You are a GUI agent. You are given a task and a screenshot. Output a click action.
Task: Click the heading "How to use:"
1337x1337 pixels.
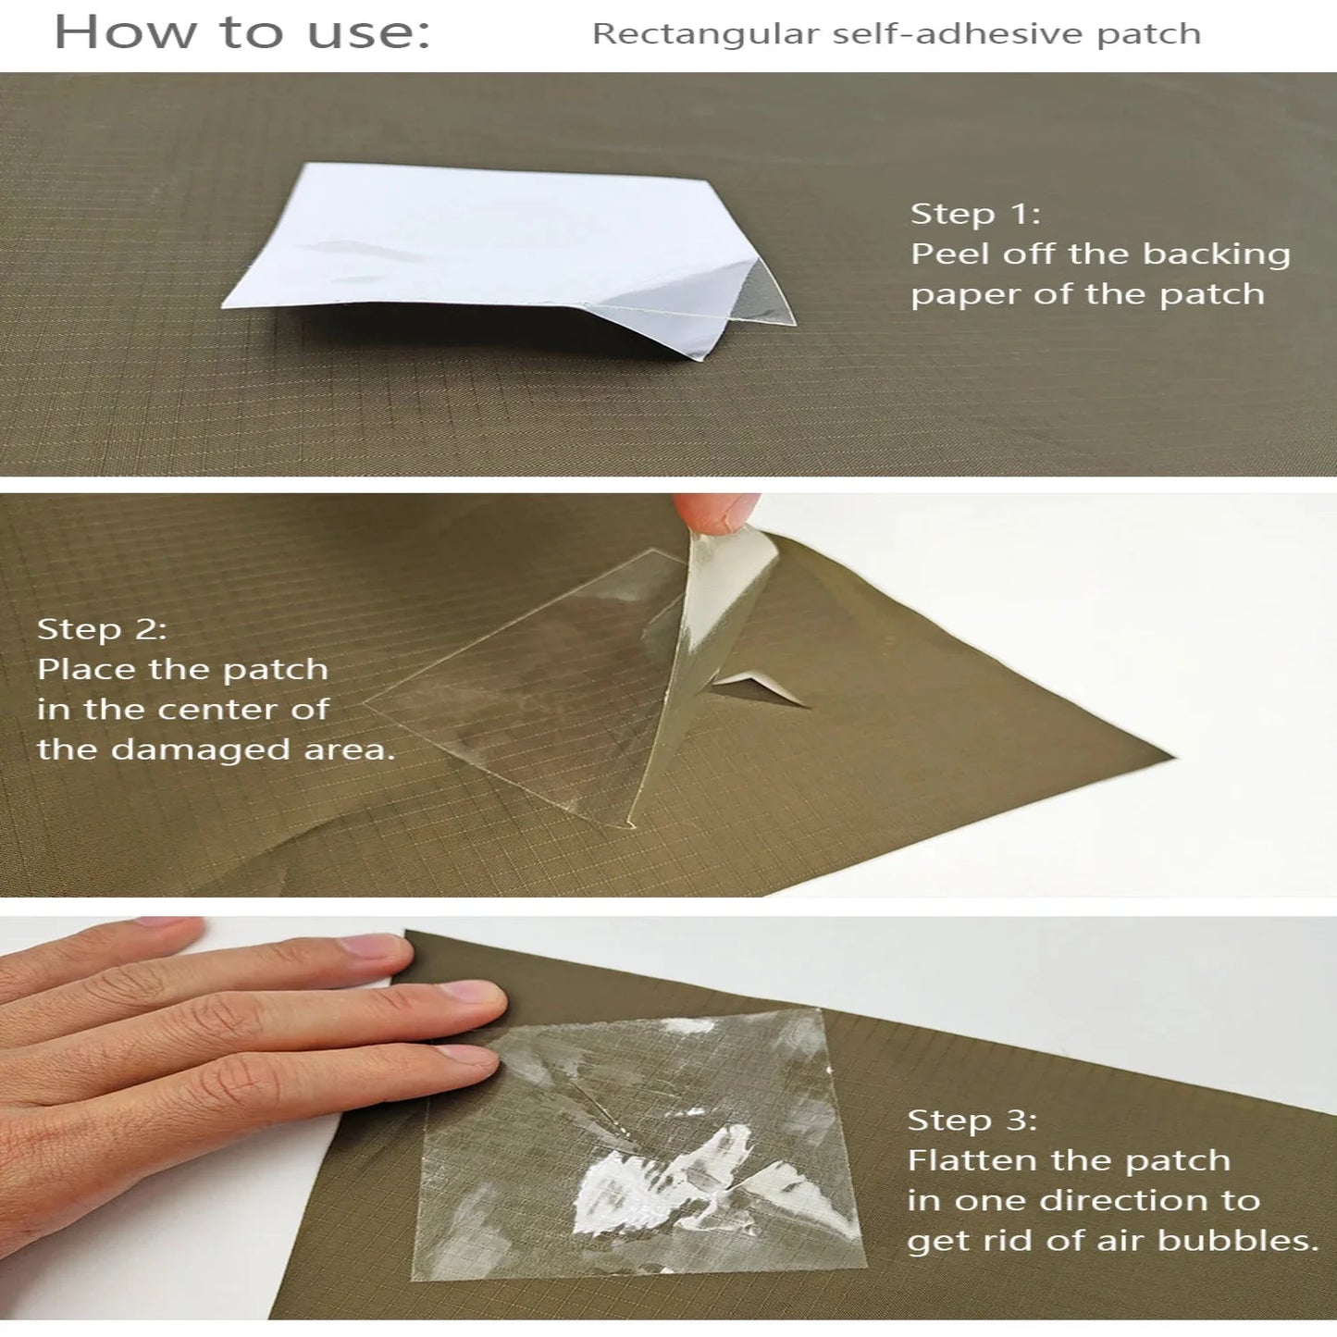coord(242,33)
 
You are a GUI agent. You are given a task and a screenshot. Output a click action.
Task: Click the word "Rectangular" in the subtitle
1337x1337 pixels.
coord(706,34)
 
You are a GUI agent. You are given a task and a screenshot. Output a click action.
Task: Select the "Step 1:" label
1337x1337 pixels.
coord(975,214)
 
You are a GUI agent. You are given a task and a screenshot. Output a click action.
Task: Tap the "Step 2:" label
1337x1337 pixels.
coord(102,629)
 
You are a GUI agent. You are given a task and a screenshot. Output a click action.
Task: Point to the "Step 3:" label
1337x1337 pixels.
coord(972,1120)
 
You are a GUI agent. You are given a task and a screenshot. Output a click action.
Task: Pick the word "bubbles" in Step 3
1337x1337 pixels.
coord(1237,1241)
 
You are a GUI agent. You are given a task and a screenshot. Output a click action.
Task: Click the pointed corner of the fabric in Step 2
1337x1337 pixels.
coord(1168,756)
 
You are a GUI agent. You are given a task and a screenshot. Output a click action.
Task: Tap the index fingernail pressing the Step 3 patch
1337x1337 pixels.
coord(470,994)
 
